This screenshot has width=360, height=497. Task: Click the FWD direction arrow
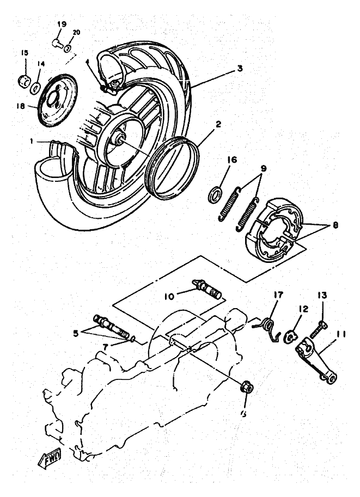pyautogui.click(x=50, y=458)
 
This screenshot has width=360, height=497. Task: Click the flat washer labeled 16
pyautogui.click(x=216, y=193)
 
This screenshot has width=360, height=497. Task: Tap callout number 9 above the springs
pyautogui.click(x=263, y=169)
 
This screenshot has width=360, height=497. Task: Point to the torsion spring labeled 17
pyautogui.click(x=268, y=329)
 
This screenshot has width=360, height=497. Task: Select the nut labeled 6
pyautogui.click(x=245, y=389)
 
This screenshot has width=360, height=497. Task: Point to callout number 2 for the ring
pyautogui.click(x=218, y=125)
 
